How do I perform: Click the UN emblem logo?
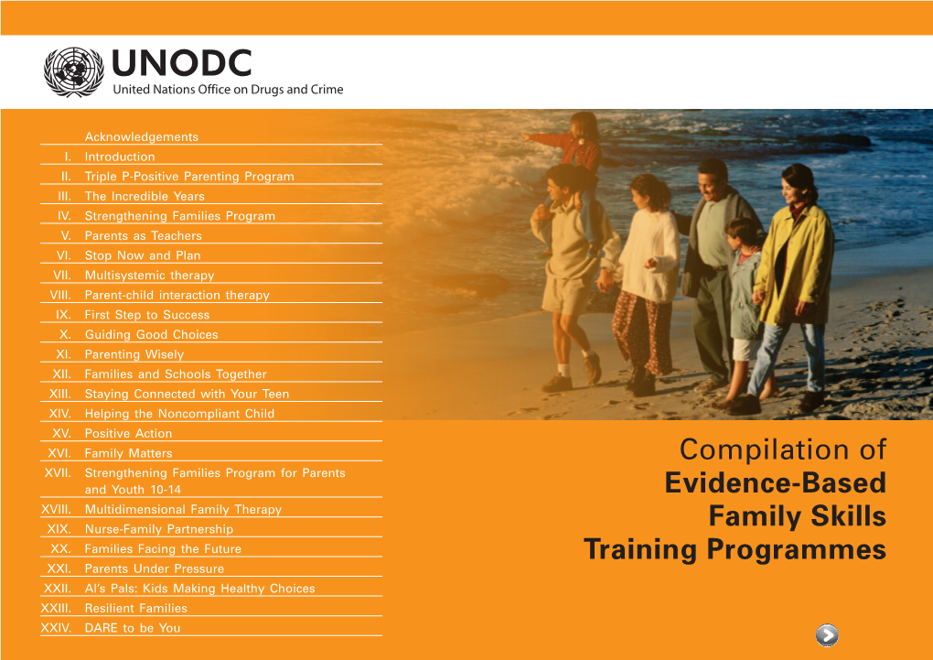point(74,72)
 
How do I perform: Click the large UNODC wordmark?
point(181,63)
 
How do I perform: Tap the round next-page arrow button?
point(827,635)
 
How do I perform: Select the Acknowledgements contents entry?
point(142,137)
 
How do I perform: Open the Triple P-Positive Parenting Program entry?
point(189,177)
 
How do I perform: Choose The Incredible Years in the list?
point(145,196)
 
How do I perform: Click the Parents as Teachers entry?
point(143,235)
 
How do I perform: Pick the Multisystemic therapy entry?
point(149,276)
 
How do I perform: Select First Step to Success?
point(147,315)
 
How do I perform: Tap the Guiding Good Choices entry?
point(151,334)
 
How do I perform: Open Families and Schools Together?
point(176,374)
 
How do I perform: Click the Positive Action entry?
point(129,433)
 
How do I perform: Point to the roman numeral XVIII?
point(56,509)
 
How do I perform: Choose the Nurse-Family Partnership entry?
point(159,529)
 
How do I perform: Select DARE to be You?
point(132,628)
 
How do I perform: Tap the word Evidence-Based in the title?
point(776,483)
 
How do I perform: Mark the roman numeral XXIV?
point(56,628)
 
